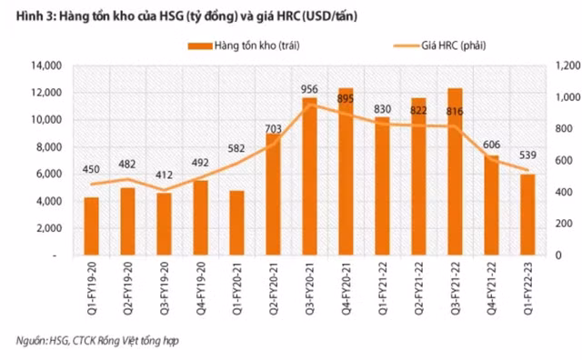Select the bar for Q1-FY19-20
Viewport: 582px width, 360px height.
92,226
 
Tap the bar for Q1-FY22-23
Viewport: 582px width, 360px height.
527,215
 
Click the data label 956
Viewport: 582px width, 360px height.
310,89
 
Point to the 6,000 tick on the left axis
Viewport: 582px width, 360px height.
47,174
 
